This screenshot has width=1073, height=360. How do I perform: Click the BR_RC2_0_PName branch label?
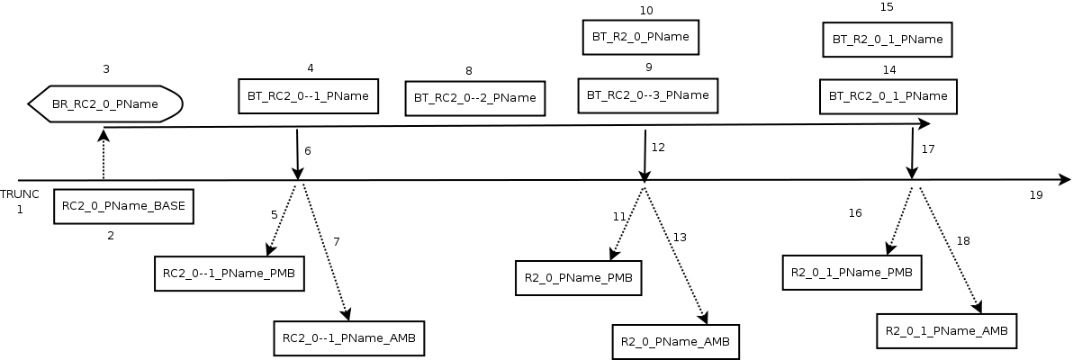[x=106, y=104]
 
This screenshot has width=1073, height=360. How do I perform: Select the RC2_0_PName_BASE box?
[x=123, y=206]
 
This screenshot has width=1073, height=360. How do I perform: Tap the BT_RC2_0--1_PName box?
[x=308, y=95]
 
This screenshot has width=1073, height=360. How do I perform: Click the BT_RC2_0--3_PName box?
[x=648, y=94]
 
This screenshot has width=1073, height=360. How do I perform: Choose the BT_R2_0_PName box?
[x=641, y=38]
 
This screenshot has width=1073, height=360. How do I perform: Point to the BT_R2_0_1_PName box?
[x=887, y=40]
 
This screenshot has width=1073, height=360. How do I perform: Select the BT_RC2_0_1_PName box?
[x=888, y=96]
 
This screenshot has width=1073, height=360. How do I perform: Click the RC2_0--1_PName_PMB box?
[x=228, y=273]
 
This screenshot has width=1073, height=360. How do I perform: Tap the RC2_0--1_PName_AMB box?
[x=348, y=338]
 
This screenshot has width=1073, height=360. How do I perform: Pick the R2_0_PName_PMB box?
[x=579, y=277]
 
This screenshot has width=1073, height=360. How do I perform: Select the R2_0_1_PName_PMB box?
[x=852, y=272]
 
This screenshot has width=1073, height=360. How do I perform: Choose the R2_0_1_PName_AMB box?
[x=947, y=330]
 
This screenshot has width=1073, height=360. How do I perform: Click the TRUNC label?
[x=19, y=194]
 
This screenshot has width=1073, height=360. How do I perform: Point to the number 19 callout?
[x=1036, y=194]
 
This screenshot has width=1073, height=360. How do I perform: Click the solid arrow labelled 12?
[x=645, y=156]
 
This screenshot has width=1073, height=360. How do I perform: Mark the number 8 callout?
[x=469, y=70]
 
